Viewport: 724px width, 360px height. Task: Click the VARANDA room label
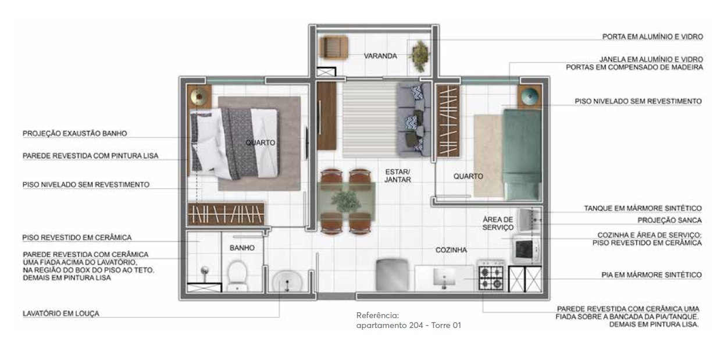[380, 56]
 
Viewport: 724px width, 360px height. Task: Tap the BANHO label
[242, 248]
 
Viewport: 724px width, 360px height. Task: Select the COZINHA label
[451, 250]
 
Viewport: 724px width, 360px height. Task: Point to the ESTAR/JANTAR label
[398, 176]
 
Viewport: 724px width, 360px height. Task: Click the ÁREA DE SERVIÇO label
[498, 223]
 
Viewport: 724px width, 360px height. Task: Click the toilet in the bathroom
[237, 276]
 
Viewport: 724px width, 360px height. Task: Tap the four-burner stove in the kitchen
[491, 275]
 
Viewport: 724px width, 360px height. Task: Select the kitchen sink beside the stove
[444, 278]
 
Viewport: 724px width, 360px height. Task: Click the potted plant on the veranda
[419, 56]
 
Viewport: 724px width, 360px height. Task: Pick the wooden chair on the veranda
[334, 48]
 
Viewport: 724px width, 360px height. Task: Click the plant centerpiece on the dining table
[346, 201]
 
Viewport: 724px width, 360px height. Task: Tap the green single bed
[522, 155]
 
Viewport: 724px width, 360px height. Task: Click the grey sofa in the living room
[414, 119]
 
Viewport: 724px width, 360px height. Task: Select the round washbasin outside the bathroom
[287, 281]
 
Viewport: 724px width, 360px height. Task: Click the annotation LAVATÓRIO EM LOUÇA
[60, 313]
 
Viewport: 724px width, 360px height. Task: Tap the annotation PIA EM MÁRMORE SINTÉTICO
[651, 275]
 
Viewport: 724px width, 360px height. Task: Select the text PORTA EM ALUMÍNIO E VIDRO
[652, 37]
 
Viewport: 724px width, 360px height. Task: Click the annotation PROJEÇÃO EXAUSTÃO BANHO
[74, 133]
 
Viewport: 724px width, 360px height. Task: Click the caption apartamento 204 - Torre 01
[409, 325]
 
